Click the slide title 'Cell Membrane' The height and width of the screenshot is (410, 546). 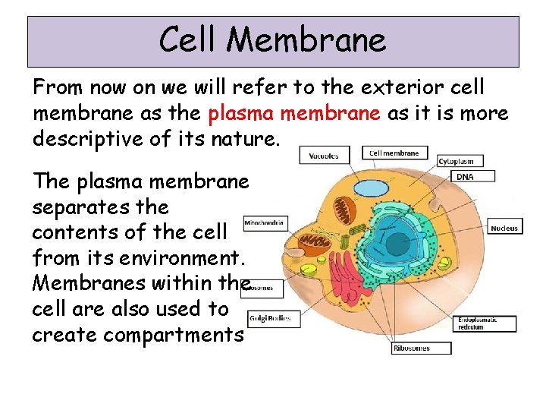[272, 39]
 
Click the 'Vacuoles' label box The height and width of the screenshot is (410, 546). [324, 156]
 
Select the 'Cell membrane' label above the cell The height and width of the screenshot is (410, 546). [394, 153]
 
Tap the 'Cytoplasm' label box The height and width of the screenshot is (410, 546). [460, 161]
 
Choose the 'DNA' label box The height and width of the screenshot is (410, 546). [475, 176]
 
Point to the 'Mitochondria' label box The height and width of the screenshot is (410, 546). [265, 223]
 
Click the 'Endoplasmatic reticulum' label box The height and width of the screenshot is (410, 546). [485, 323]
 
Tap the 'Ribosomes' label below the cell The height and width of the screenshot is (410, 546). [422, 348]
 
